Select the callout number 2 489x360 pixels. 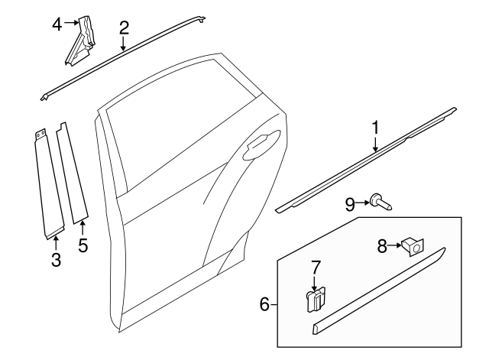(124, 28)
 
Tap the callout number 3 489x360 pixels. (56, 261)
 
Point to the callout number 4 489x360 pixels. (57, 24)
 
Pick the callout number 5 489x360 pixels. (83, 246)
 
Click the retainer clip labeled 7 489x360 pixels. (316, 300)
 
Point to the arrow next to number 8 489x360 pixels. (396, 245)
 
